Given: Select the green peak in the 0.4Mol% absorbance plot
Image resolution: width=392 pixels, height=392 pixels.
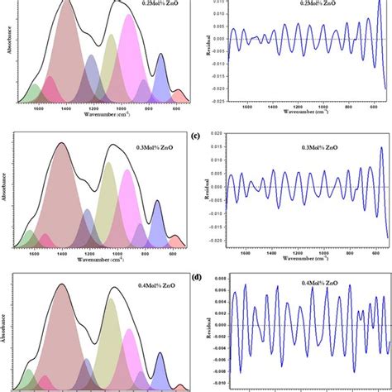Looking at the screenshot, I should [29, 379].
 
